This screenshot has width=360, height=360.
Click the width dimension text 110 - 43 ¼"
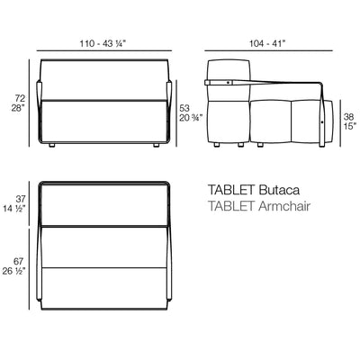[x=103, y=42]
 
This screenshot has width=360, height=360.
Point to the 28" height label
[x=16, y=108]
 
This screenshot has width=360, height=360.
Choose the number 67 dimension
[x=16, y=260]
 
